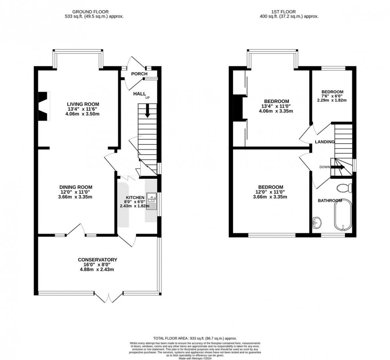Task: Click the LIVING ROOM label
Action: pyautogui.click(x=83, y=104)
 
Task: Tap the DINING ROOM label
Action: pyautogui.click(x=76, y=187)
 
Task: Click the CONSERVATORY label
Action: pyautogui.click(x=97, y=260)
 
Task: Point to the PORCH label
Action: pyautogui.click(x=139, y=74)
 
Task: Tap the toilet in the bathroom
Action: pyautogui.click(x=342, y=187)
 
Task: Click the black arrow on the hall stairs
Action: pyautogui.click(x=147, y=111)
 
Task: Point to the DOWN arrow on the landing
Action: pyautogui.click(x=337, y=167)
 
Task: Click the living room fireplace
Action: pyautogui.click(x=43, y=106)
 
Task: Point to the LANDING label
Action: pyautogui.click(x=325, y=142)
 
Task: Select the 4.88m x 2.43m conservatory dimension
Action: pyautogui.click(x=97, y=269)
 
